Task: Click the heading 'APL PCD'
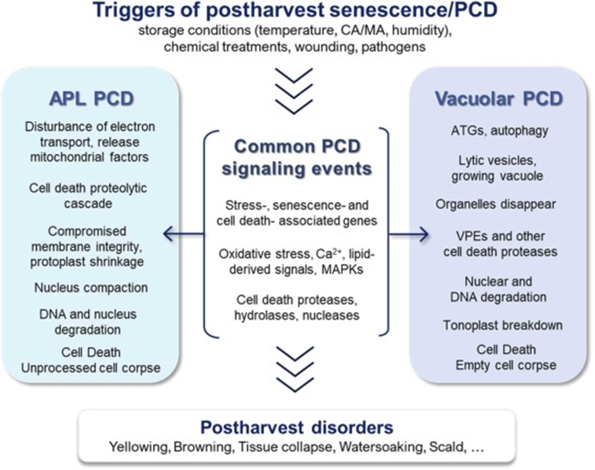pyautogui.click(x=91, y=99)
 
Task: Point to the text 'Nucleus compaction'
pyautogui.click(x=91, y=287)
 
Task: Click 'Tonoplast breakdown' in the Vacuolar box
pyautogui.click(x=503, y=326)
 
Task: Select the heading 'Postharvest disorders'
pyautogui.click(x=296, y=427)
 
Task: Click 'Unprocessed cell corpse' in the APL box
pyautogui.click(x=91, y=367)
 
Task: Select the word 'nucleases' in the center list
pyautogui.click(x=331, y=314)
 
